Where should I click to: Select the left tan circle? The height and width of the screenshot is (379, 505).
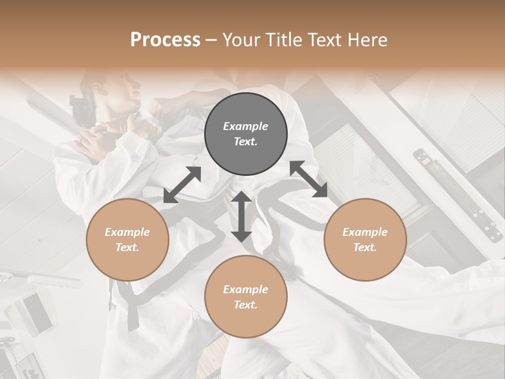(x=127, y=240)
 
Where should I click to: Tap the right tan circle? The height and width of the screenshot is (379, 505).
(x=365, y=240)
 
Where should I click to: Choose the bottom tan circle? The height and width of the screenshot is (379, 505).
(x=246, y=297)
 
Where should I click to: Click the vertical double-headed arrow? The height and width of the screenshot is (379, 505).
(x=241, y=216)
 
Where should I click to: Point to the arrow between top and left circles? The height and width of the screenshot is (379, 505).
(x=183, y=185)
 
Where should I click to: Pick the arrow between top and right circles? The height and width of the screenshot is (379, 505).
(x=309, y=179)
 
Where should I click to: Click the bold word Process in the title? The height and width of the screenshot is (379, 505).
(x=165, y=39)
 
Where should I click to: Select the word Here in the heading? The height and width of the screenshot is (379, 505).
(x=368, y=39)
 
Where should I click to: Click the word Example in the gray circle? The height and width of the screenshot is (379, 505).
(x=246, y=126)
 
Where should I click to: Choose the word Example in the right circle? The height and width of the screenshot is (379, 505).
(x=365, y=232)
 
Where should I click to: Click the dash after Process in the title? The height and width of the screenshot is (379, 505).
(x=211, y=39)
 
